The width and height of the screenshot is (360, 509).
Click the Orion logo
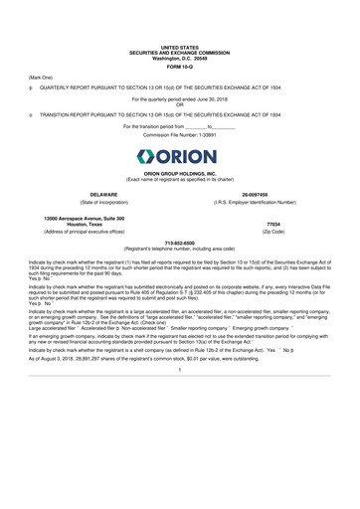click(180, 157)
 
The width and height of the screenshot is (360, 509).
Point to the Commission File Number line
click(180, 134)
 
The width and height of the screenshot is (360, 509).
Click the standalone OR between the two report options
click(180, 104)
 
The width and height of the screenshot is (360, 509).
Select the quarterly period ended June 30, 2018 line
click(180, 99)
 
